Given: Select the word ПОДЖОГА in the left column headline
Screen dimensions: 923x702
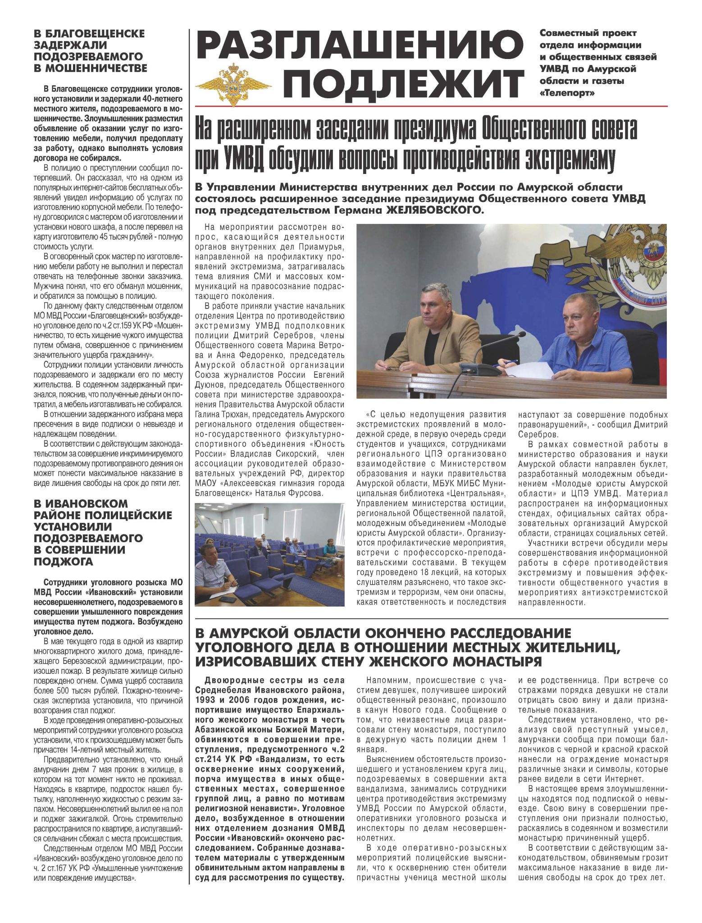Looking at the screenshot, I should [x=63, y=561].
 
